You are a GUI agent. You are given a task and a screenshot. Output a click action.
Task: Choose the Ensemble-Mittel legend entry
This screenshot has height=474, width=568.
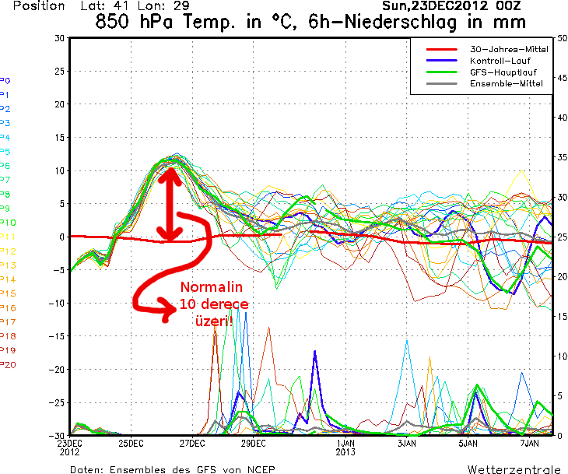pyautogui.click(x=507, y=82)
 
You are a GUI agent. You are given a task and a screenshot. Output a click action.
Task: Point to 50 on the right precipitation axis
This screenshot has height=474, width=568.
pyautogui.click(x=562, y=37)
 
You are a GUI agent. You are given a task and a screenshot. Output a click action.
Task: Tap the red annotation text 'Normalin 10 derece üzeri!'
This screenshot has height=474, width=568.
pyautogui.click(x=208, y=303)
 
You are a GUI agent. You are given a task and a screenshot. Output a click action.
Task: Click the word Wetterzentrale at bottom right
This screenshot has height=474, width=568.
pyautogui.click(x=513, y=469)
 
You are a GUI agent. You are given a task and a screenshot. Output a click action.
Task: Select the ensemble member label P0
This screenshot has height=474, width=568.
pyautogui.click(x=5, y=80)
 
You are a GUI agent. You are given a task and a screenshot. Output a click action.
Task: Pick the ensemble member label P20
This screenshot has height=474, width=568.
pyautogui.click(x=8, y=364)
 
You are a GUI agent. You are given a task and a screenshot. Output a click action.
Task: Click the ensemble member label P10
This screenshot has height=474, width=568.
pyautogui.click(x=8, y=223)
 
